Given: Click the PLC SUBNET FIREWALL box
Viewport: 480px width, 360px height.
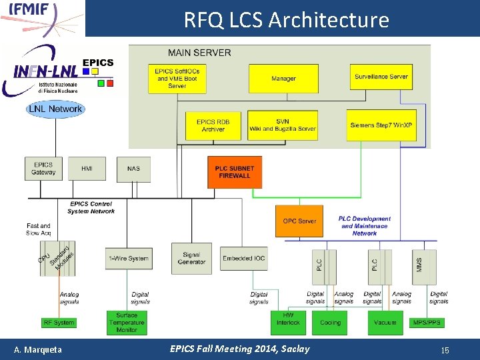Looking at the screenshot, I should click(233, 173).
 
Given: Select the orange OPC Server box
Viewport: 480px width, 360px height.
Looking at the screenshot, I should click(300, 221).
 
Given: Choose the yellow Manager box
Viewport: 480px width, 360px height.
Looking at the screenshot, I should click(283, 79).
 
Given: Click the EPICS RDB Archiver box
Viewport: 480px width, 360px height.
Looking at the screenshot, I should click(213, 125).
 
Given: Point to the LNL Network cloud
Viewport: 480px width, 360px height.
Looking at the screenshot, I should click(55, 109).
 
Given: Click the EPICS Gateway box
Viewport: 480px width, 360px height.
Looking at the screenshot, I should click(43, 169).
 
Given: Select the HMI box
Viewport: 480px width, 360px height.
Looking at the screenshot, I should click(87, 169).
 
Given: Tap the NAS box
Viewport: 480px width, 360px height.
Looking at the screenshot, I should click(134, 169).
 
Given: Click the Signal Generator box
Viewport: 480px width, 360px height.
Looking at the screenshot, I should click(191, 258).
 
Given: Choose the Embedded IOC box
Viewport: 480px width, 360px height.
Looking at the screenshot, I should click(245, 259).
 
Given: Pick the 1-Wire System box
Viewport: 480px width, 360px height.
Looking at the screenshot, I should click(127, 259).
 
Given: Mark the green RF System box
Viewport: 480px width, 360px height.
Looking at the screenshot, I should click(59, 323).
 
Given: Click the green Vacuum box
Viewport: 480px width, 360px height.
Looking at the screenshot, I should click(385, 323).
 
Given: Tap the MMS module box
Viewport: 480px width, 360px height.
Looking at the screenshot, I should click(419, 265).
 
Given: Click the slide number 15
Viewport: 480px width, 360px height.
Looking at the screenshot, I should click(445, 349).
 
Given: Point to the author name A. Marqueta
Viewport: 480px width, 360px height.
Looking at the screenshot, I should click(38, 349).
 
